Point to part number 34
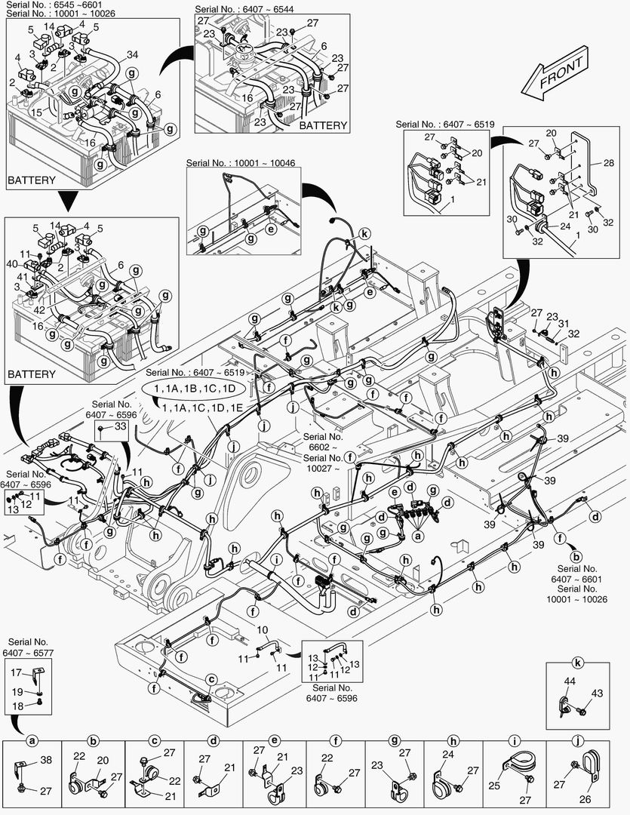[132, 54]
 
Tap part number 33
[119, 427]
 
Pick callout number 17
[16, 672]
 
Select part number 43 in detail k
[597, 694]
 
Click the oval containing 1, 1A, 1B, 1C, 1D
[195, 388]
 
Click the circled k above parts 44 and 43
[578, 665]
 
